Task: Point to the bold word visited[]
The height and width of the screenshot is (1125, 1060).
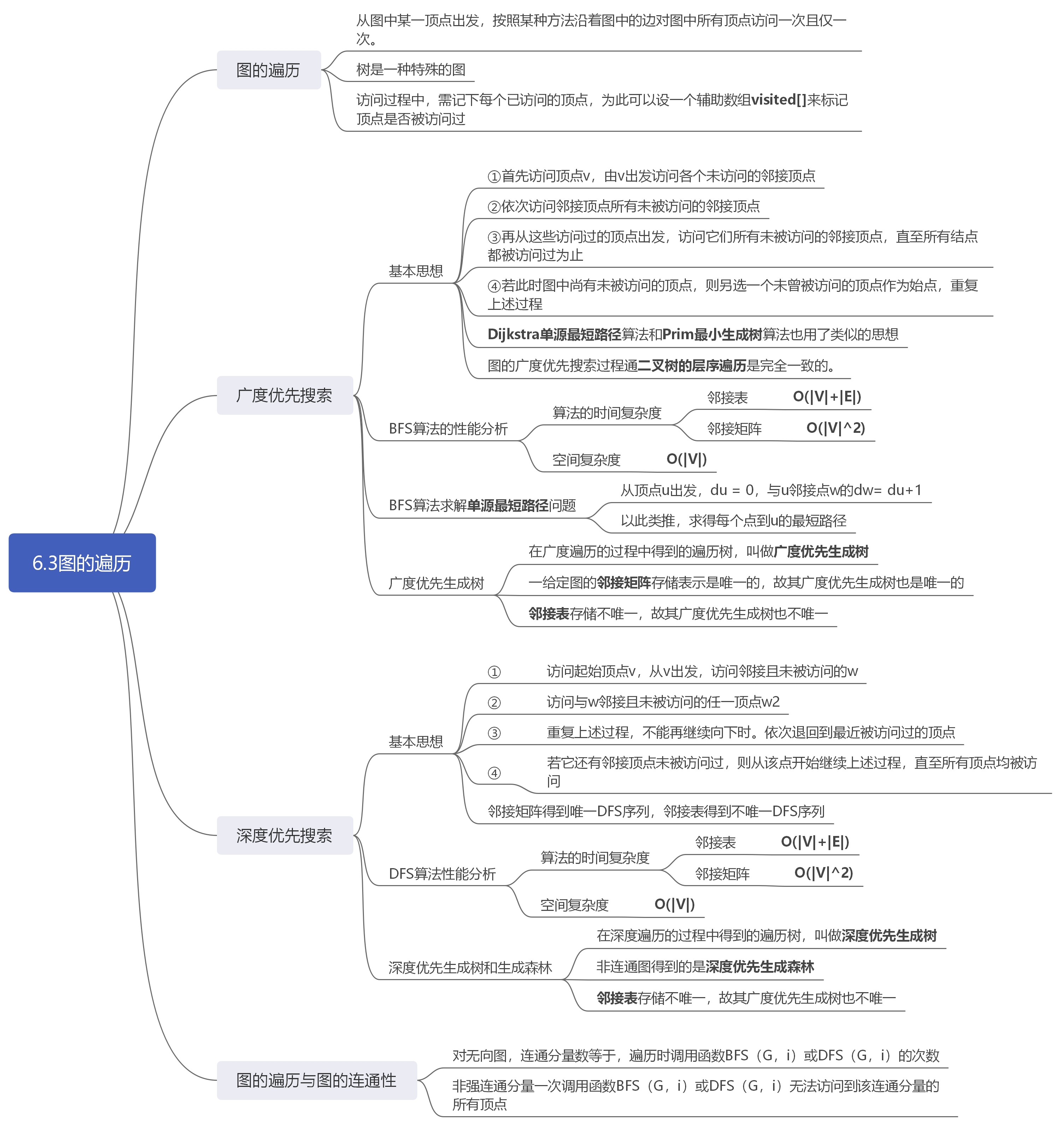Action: pos(778,100)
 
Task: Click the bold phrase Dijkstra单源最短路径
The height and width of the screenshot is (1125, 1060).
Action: pos(554,335)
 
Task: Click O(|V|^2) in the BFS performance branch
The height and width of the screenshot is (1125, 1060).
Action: pos(835,428)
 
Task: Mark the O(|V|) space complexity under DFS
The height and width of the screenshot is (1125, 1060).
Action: pos(674,904)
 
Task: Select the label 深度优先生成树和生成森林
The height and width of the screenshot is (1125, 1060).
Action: pos(470,968)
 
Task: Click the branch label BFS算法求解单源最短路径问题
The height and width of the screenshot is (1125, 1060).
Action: pos(482,505)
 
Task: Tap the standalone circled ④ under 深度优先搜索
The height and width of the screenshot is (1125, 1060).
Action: pos(494,773)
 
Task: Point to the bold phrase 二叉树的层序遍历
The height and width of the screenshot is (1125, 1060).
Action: pos(691,366)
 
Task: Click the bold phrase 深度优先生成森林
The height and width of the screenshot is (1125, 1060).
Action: pos(759,967)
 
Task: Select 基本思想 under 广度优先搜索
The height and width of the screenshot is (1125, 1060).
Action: pos(416,271)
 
